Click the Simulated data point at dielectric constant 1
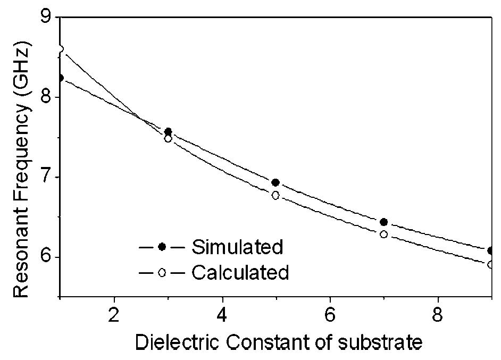click(x=60, y=78)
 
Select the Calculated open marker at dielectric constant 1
click(x=60, y=49)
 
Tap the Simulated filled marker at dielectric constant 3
click(x=168, y=131)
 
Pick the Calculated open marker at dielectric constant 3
click(x=168, y=139)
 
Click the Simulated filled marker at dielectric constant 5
click(x=275, y=182)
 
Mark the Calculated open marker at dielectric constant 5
click(x=275, y=195)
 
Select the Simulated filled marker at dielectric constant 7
click(x=383, y=222)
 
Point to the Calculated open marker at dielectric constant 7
click(x=383, y=234)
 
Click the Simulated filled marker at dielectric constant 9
click(x=491, y=250)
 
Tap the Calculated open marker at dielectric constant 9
click(x=491, y=264)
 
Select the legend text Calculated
click(x=240, y=272)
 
